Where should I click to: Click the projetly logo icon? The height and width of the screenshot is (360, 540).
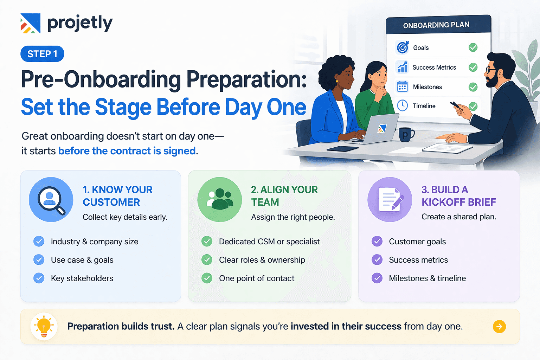[x=30, y=23]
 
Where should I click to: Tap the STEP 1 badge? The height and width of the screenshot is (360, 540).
[x=42, y=54]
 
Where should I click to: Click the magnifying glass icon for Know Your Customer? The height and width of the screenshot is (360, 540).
[x=51, y=199]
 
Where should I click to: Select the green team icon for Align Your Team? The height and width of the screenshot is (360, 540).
[x=220, y=199]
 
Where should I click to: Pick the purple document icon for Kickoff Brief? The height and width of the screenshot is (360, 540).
[x=390, y=199]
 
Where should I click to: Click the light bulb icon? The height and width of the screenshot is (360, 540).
[x=44, y=326]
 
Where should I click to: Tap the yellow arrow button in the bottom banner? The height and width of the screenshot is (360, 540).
[x=499, y=327]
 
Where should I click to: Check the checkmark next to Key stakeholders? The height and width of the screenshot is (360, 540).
[x=39, y=278]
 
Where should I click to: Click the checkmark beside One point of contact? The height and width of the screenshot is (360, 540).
[x=207, y=278]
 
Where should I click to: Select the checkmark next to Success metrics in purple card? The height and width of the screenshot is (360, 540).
[x=377, y=260]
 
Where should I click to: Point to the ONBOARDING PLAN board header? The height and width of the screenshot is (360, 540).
[x=436, y=25]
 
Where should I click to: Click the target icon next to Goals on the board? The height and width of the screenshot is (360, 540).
[x=403, y=47]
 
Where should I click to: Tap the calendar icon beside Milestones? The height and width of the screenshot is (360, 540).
[x=402, y=86]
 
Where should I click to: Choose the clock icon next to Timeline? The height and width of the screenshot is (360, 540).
[x=402, y=105]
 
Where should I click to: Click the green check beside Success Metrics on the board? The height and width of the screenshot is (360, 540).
[x=473, y=67]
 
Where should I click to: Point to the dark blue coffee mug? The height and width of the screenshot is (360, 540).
[x=406, y=134]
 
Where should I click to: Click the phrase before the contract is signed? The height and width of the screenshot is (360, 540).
[x=127, y=151]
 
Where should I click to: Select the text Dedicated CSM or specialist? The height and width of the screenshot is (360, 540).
[x=269, y=242]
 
